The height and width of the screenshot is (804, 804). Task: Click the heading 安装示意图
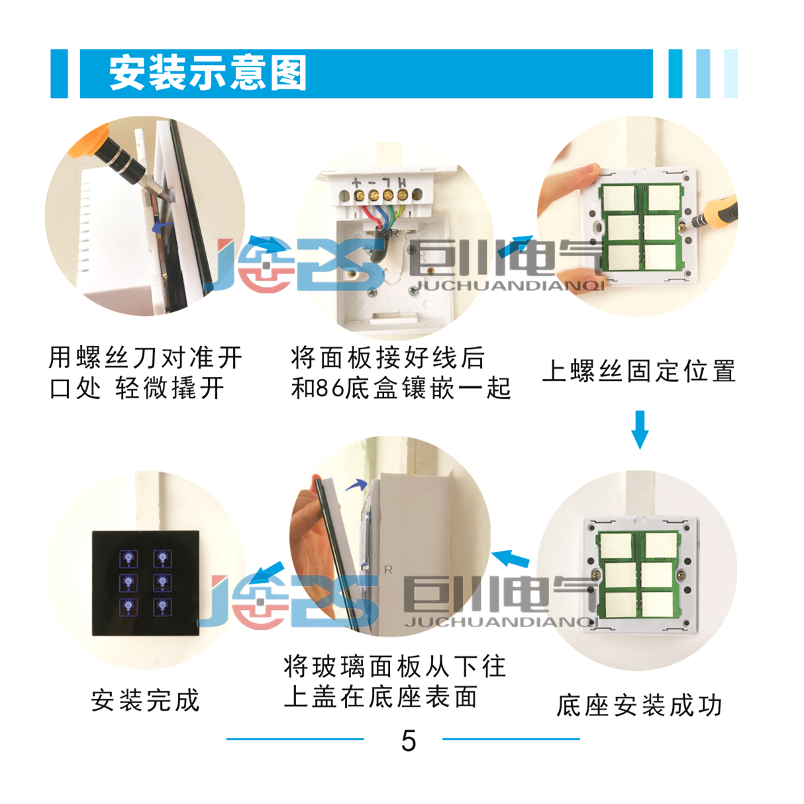[x=207, y=74]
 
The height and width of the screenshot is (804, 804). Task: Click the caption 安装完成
[x=145, y=701]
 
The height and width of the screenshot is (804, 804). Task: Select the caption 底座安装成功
[x=639, y=705]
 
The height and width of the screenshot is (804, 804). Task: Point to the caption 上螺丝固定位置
[x=639, y=370]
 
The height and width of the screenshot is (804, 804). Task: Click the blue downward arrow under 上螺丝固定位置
[x=640, y=430]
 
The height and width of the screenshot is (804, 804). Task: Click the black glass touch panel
[x=145, y=583]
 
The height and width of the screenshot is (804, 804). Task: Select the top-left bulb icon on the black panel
[x=128, y=558]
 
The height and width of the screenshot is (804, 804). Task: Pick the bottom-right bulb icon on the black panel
[x=162, y=607]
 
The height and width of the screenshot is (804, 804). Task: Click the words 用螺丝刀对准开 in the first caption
[x=145, y=358]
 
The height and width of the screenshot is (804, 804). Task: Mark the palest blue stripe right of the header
[x=730, y=74]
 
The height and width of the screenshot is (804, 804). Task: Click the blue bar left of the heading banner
[x=59, y=74]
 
